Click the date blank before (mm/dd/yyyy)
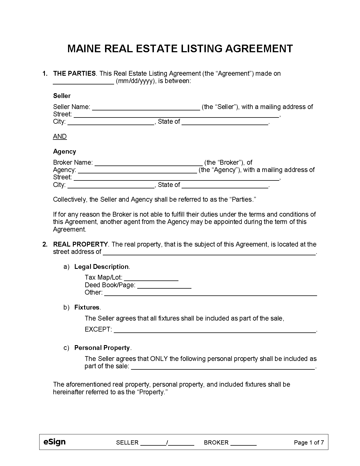(83, 81)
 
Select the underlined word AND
(60, 136)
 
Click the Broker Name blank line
(149, 163)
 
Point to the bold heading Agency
(64, 151)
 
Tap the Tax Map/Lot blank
(151, 278)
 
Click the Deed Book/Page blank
(164, 285)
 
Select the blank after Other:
(210, 293)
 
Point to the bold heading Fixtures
(87, 307)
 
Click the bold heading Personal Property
(102, 348)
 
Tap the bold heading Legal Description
(101, 267)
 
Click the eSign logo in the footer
(54, 442)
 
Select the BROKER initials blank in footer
(243, 443)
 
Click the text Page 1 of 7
(309, 443)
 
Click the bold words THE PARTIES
(75, 73)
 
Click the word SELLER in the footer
(127, 443)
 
